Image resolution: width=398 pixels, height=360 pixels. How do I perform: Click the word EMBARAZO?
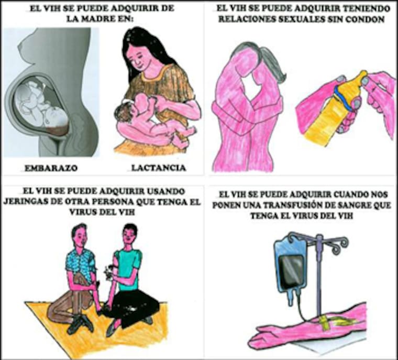pyautogui.click(x=51, y=168)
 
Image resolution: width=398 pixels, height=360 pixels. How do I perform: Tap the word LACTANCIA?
pyautogui.click(x=158, y=168)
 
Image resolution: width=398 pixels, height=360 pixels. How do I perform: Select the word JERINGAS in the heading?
pyautogui.click(x=27, y=202)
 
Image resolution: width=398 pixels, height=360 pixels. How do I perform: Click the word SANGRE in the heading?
pyautogui.click(x=357, y=205)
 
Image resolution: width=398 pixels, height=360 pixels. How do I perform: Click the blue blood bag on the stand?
pyautogui.click(x=292, y=269)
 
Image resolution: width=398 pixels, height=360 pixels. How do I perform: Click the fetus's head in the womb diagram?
pyautogui.click(x=57, y=117)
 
